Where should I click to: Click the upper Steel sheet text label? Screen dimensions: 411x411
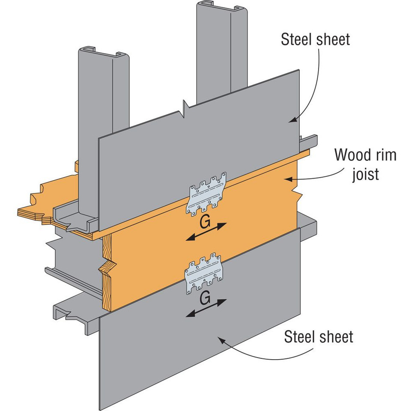pyautogui.click(x=315, y=39)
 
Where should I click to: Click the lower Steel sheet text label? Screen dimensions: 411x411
pyautogui.click(x=319, y=337)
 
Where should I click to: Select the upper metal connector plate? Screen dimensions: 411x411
pyautogui.click(x=208, y=194)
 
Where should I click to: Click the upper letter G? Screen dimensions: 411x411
pyautogui.click(x=205, y=222)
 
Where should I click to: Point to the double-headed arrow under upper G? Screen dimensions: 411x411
pyautogui.click(x=206, y=232)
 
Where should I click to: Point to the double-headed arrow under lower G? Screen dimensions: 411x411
pyautogui.click(x=206, y=308)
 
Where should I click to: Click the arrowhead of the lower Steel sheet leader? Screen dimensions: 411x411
pyautogui.click(x=220, y=339)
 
